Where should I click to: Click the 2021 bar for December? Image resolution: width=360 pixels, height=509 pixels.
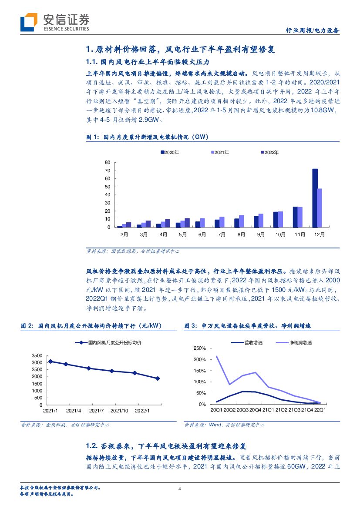[320, 208]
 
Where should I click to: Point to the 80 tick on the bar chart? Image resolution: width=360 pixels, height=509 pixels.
[107, 162]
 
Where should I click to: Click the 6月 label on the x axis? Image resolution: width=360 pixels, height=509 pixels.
[202, 234]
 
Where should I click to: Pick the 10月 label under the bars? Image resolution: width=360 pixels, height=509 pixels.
[280, 234]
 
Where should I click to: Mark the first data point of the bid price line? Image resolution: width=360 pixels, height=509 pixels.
[50, 361]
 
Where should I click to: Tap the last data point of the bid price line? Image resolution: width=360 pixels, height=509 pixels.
[158, 378]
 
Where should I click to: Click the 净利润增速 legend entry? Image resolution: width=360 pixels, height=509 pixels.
[300, 343]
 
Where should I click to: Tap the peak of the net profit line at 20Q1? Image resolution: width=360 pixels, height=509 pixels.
[217, 357]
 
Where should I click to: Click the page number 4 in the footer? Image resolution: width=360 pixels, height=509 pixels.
[180, 489]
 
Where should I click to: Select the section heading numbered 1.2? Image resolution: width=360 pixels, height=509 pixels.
[167, 446]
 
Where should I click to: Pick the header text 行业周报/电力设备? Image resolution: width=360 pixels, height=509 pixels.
[312, 31]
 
